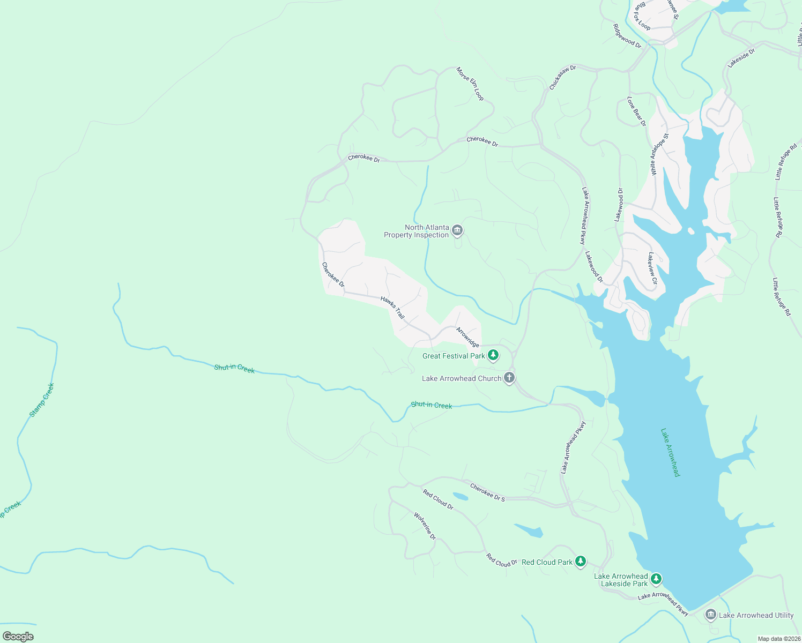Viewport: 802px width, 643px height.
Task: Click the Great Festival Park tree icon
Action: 493,355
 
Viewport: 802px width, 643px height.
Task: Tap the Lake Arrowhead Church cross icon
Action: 509,378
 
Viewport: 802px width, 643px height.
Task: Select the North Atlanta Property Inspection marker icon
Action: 457,231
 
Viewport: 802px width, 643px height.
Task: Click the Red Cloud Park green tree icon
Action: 580,562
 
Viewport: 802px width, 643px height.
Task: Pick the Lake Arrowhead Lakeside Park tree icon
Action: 656,579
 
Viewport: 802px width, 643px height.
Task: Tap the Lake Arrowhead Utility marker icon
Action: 711,615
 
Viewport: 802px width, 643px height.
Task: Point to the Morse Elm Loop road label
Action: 470,84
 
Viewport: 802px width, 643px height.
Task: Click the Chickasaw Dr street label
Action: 562,78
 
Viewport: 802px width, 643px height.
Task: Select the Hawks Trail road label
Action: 392,308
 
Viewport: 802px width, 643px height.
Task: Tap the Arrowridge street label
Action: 467,337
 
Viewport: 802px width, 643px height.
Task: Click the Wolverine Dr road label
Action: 425,526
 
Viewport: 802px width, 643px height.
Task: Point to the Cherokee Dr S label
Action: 487,492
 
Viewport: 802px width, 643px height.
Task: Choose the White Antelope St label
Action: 659,154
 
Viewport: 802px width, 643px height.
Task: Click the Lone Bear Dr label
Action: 637,111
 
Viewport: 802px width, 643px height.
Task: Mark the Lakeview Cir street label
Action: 652,268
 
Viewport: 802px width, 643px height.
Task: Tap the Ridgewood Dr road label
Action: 627,36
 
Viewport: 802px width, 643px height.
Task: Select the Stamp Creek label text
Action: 42,400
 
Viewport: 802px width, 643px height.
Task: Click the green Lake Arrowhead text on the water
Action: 670,452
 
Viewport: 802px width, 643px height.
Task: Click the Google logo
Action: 18,636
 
